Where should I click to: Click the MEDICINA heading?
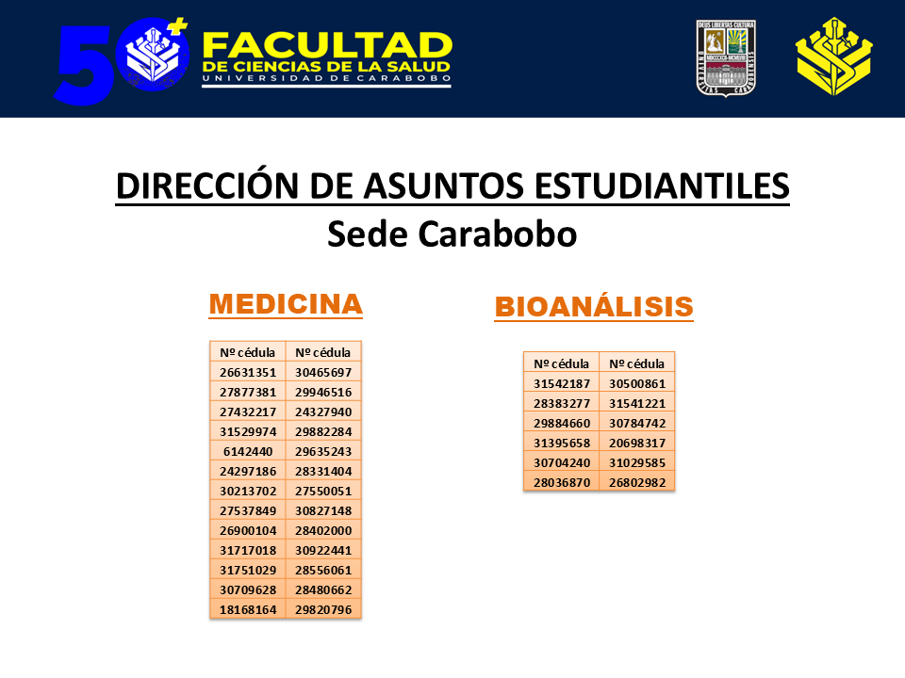285,304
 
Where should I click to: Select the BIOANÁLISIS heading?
594,307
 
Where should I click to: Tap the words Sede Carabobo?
452,234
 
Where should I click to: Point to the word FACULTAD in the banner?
327,45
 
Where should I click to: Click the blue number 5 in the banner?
83,64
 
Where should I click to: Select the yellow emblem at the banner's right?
833,56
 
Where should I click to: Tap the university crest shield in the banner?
727,56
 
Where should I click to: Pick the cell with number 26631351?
247,372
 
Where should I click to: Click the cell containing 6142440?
247,451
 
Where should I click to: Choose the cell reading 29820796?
322,609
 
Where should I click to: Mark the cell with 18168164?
247,609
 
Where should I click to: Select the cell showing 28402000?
322,530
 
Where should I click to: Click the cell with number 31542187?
561,383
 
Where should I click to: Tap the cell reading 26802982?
637,482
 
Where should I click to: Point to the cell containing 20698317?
637,443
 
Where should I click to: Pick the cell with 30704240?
561,462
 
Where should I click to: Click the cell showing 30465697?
322,372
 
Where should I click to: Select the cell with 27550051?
322,491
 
